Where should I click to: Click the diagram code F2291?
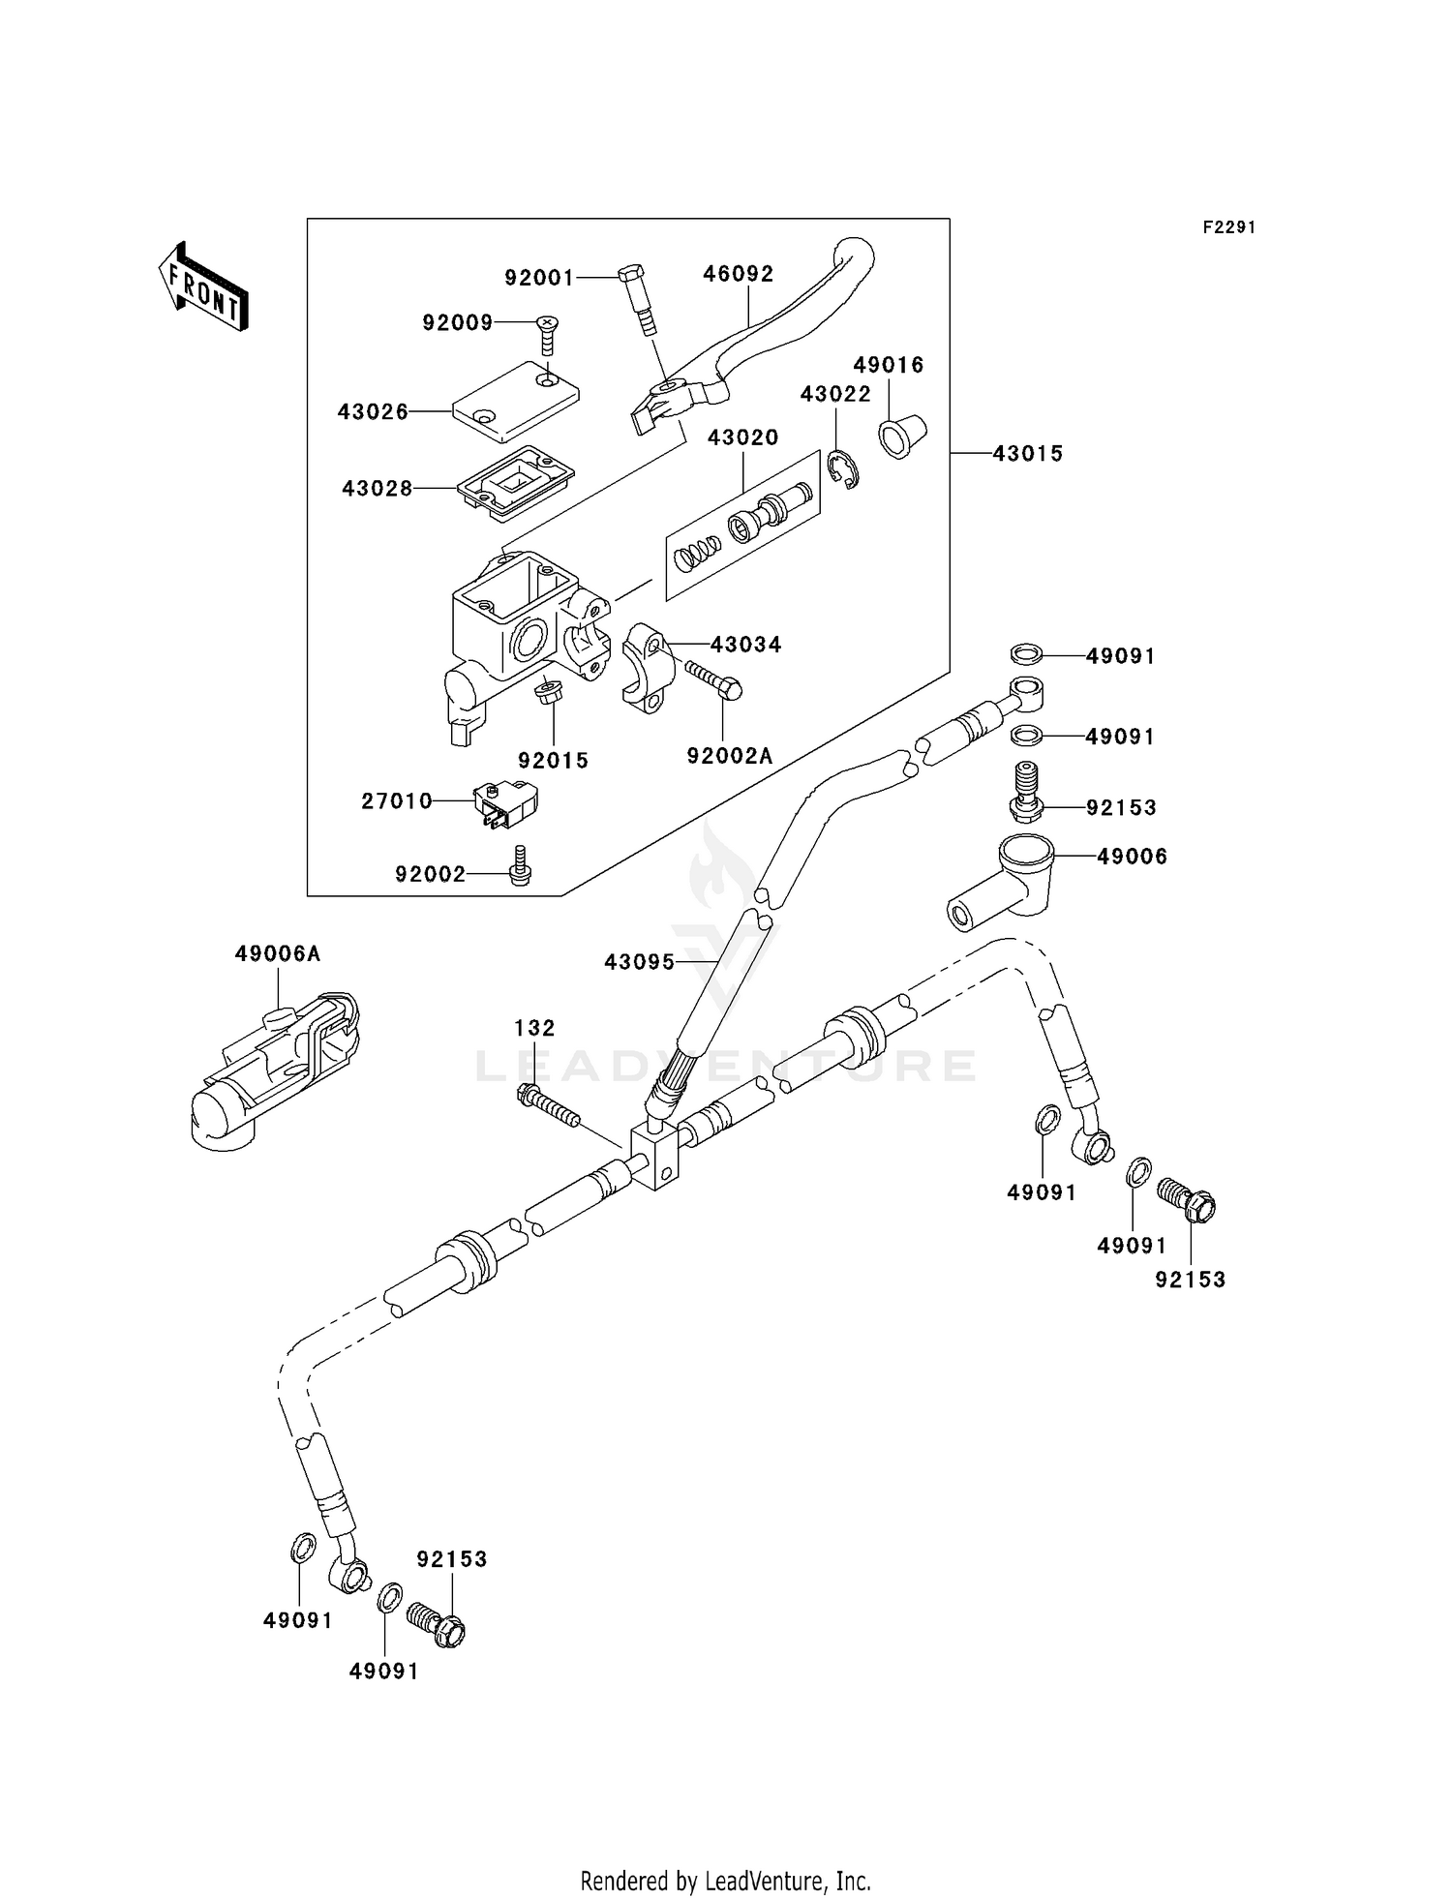point(1228,227)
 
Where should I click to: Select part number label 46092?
point(738,274)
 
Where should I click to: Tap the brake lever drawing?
point(765,329)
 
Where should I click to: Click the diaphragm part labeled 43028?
point(515,480)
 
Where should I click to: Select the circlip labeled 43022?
point(844,469)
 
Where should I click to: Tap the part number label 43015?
point(1027,453)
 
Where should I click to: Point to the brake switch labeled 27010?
point(505,803)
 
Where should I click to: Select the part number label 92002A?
point(730,756)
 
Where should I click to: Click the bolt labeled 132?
point(548,1106)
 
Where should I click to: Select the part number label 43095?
point(639,962)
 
